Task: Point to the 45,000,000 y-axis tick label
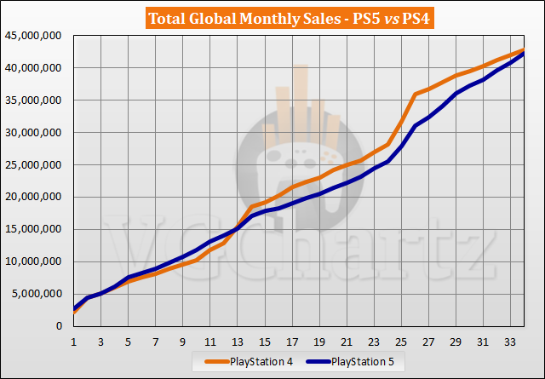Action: (36, 36)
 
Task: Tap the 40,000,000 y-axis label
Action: (36, 68)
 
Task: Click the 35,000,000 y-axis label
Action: (36, 100)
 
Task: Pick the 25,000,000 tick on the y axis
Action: (36, 165)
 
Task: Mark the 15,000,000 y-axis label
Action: (36, 230)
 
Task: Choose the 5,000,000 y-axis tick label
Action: (38, 295)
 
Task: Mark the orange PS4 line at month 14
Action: (251, 207)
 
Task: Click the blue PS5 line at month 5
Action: (129, 278)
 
